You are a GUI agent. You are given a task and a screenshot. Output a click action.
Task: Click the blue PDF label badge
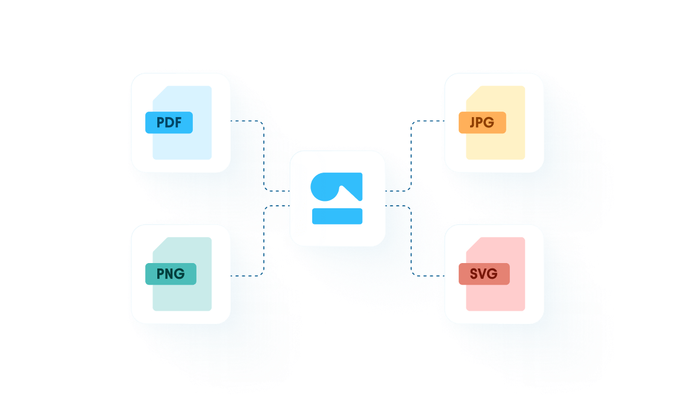tap(169, 122)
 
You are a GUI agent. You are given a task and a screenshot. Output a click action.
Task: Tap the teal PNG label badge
tap(171, 274)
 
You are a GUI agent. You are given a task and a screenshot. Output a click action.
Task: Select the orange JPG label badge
tap(482, 122)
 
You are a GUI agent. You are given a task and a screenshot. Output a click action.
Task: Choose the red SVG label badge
tap(484, 274)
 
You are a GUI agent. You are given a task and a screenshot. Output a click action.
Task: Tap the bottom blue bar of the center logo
tap(337, 216)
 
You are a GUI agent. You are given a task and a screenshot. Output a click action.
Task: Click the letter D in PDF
tap(169, 122)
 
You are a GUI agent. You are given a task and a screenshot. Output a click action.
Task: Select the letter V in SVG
tap(483, 274)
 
